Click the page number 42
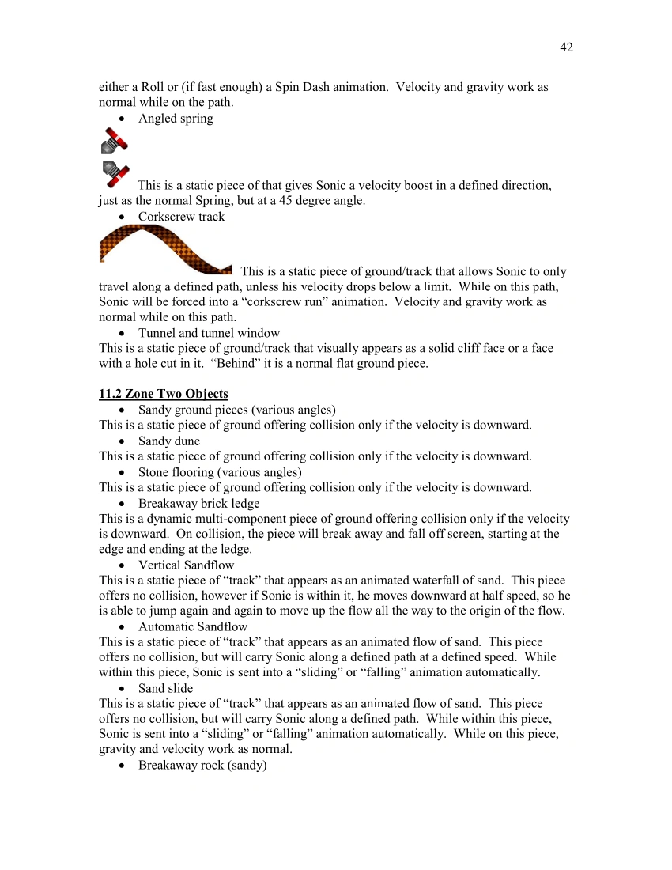(566, 47)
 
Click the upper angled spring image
(114, 141)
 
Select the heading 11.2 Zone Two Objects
(164, 394)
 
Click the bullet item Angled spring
(176, 119)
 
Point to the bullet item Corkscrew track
(181, 217)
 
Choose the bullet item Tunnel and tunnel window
(209, 333)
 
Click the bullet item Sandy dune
(169, 441)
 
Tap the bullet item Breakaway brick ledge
(198, 503)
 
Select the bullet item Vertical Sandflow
(186, 565)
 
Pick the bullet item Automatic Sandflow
(193, 626)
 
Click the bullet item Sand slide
(165, 688)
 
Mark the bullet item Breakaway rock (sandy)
(202, 766)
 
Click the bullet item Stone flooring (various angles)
(220, 472)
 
